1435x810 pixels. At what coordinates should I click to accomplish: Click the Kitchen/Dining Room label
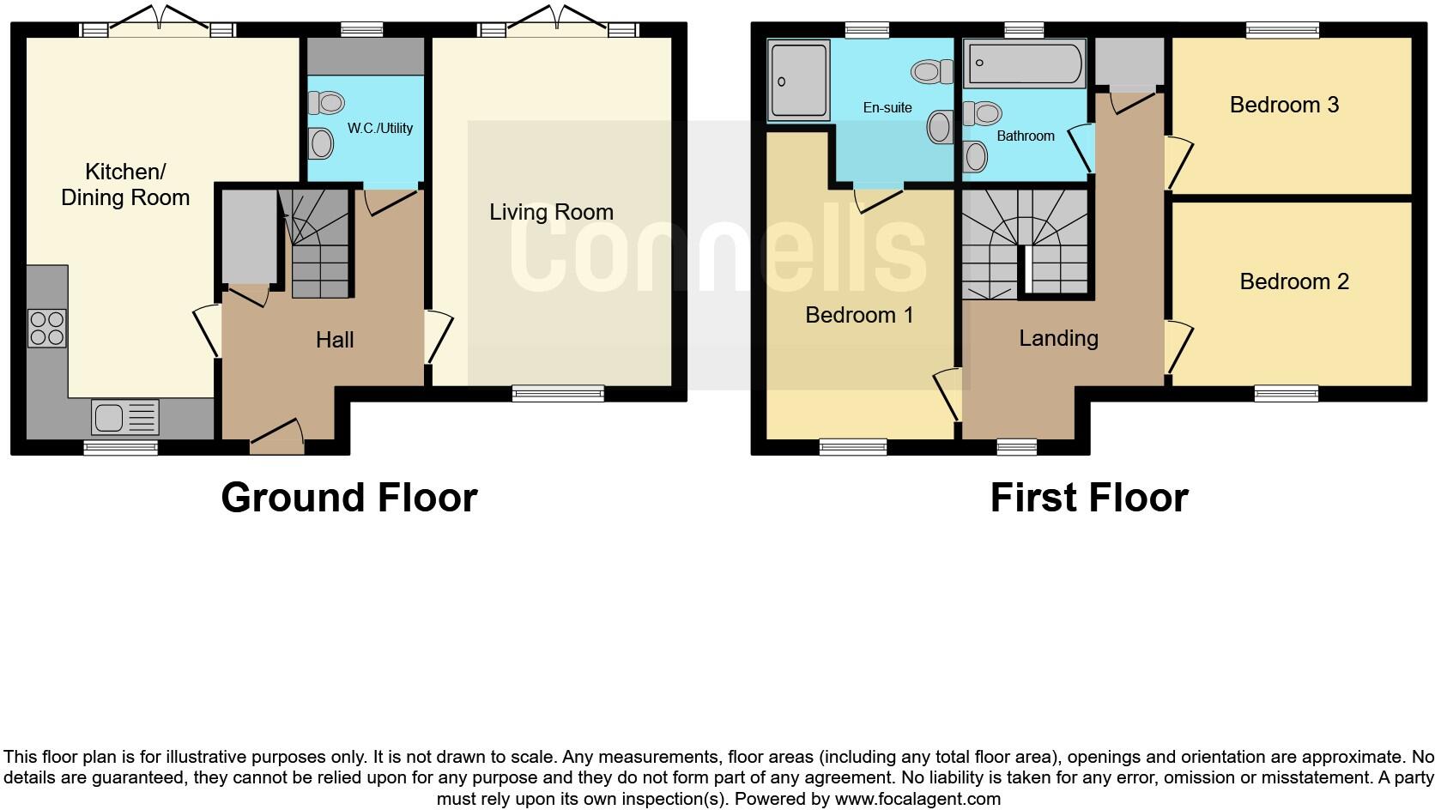[125, 184]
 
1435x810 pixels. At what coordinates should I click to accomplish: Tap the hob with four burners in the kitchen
[47, 328]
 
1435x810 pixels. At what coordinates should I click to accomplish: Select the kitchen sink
[125, 418]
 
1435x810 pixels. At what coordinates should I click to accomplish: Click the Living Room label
[551, 212]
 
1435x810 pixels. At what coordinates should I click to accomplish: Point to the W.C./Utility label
[379, 128]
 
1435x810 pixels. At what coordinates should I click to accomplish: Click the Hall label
[335, 340]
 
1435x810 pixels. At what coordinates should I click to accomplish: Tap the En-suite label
[887, 107]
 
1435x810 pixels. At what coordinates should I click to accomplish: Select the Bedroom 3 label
[1284, 105]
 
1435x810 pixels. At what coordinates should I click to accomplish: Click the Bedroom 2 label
[1294, 281]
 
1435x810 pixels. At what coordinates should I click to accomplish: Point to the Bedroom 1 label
[859, 315]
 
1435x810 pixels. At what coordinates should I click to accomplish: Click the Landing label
[1058, 338]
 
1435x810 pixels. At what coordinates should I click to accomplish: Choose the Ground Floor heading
[348, 498]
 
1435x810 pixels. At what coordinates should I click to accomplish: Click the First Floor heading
[1088, 498]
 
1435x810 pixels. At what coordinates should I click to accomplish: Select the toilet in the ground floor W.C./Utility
[325, 103]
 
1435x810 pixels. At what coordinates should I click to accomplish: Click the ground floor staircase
[319, 244]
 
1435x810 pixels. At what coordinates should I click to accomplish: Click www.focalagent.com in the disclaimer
[917, 799]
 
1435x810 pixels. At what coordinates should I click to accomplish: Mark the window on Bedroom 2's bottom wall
[1286, 394]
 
